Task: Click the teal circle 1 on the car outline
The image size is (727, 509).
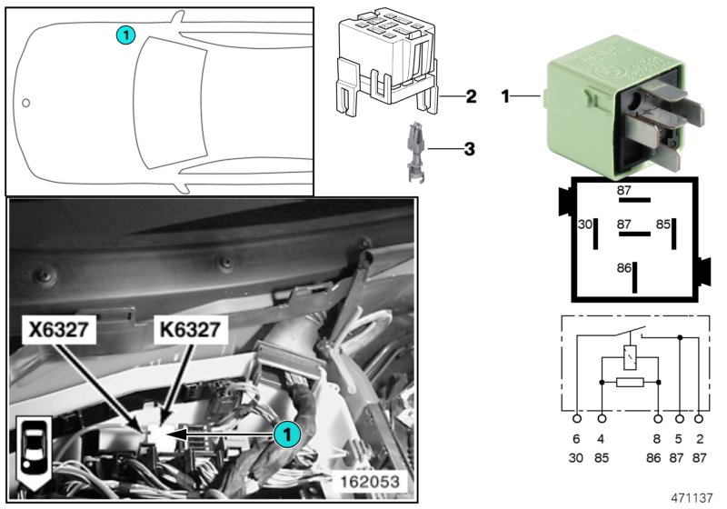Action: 126,35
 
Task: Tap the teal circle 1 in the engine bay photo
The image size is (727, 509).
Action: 286,434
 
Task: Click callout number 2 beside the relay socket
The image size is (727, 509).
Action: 470,95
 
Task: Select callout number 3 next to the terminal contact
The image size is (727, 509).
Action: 470,147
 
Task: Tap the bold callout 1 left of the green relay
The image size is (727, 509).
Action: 506,95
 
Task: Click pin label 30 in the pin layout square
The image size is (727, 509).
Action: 585,223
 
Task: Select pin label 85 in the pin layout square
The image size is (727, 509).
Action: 662,223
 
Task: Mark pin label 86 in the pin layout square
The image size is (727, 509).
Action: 623,269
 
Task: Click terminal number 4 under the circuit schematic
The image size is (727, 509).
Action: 602,437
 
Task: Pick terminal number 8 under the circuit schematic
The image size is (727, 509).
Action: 658,437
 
